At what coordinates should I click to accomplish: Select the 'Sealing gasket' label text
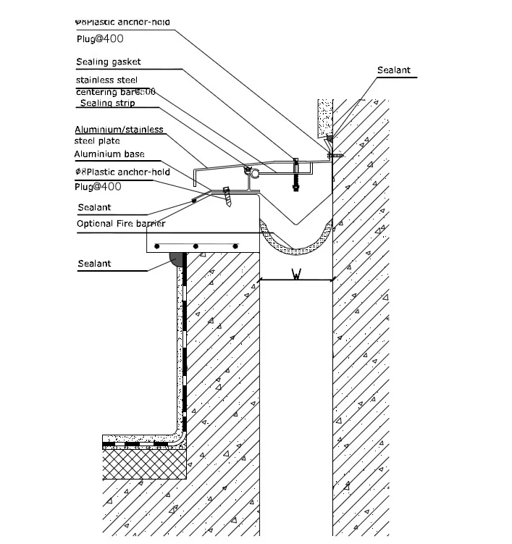click(x=109, y=62)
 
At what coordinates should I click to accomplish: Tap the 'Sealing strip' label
click(x=107, y=104)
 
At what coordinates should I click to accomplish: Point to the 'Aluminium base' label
click(x=109, y=154)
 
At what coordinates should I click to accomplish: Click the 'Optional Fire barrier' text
click(x=122, y=224)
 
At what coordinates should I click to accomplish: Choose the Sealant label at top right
click(x=393, y=70)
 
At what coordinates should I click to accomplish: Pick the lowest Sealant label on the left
click(x=94, y=264)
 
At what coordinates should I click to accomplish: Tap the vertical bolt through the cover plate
click(x=295, y=174)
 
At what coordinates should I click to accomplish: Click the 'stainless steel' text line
click(x=106, y=80)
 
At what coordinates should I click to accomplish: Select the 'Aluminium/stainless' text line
click(x=119, y=130)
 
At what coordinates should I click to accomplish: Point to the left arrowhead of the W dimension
click(x=263, y=280)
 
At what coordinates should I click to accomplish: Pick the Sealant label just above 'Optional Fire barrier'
click(x=94, y=208)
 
